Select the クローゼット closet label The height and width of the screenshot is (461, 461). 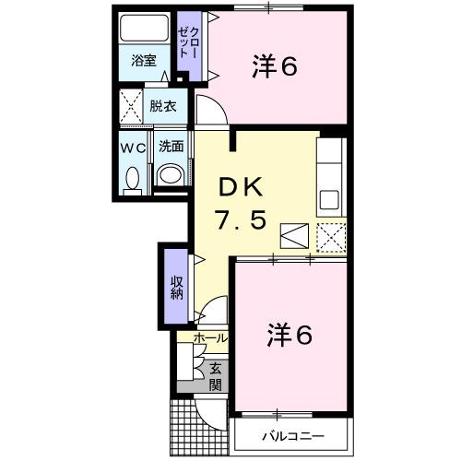(188, 43)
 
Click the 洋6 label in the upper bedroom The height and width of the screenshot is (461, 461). (275, 67)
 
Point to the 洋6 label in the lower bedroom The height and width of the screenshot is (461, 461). (290, 334)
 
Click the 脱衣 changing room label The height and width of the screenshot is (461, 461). (164, 106)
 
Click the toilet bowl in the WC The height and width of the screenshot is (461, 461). (132, 177)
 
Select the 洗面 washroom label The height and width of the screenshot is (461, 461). (170, 146)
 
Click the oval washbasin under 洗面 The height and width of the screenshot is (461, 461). (169, 175)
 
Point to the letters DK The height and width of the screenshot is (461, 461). (242, 187)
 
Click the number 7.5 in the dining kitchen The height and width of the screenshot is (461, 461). (242, 222)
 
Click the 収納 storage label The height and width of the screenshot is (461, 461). (176, 287)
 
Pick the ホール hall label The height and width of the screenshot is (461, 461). (210, 339)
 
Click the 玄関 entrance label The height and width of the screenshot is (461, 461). (215, 375)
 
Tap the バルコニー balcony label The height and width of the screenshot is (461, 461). (291, 432)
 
